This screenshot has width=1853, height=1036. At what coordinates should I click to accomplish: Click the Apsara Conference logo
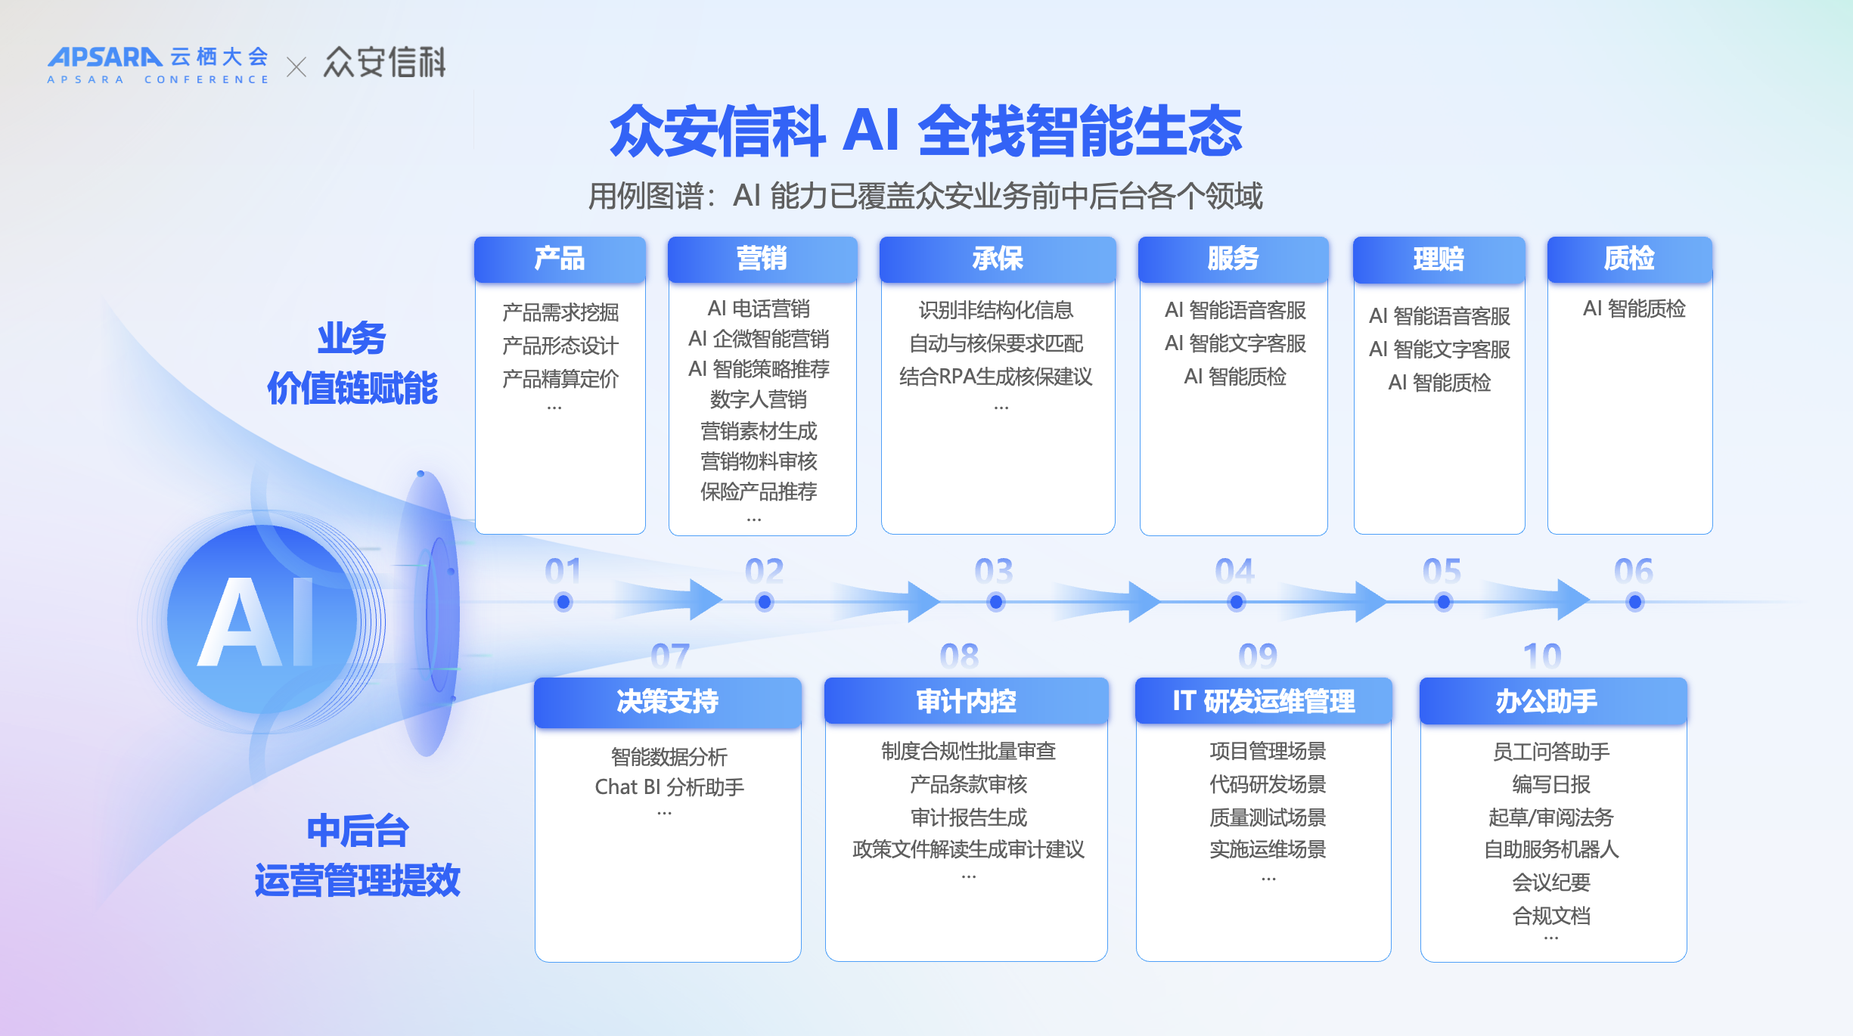coord(158,65)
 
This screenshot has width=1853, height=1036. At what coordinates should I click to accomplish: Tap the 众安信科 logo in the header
coord(385,62)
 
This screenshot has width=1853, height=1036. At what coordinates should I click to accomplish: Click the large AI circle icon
coord(262,619)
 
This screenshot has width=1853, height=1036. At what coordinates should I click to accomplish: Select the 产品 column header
coord(560,259)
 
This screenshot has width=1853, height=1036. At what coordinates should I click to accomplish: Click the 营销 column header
coord(762,259)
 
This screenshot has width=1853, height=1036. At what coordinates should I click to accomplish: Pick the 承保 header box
coord(998,259)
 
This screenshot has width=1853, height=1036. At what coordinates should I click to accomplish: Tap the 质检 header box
coord(1630,259)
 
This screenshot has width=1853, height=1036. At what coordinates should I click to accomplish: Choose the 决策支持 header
coord(668,702)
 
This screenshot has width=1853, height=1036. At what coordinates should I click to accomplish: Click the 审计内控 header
coord(967,702)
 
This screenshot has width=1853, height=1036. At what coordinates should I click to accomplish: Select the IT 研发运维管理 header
coord(1264,702)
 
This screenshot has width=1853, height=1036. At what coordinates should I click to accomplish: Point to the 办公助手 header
coord(1553,702)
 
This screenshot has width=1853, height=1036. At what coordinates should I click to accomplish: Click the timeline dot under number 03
coord(996,602)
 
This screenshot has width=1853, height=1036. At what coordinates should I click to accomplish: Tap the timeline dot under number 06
coord(1635,602)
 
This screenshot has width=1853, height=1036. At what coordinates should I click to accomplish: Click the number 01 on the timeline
coord(563,571)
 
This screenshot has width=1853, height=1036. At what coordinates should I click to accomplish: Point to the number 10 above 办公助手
coord(1542,656)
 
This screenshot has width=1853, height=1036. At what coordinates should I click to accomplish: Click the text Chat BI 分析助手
coord(669,787)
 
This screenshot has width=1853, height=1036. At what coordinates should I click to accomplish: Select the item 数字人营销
coord(759,399)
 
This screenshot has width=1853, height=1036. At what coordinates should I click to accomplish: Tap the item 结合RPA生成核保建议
coord(996,377)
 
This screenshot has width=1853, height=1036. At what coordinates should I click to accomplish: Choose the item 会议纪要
coord(1551,882)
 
